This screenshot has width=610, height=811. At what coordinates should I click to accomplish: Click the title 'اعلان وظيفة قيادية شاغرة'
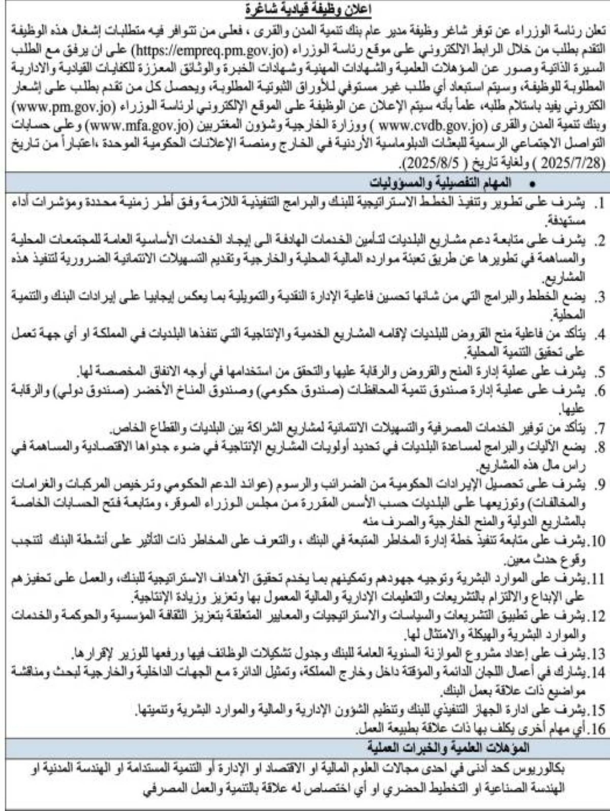point(305,9)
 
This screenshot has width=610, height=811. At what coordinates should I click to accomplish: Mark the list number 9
point(599,486)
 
